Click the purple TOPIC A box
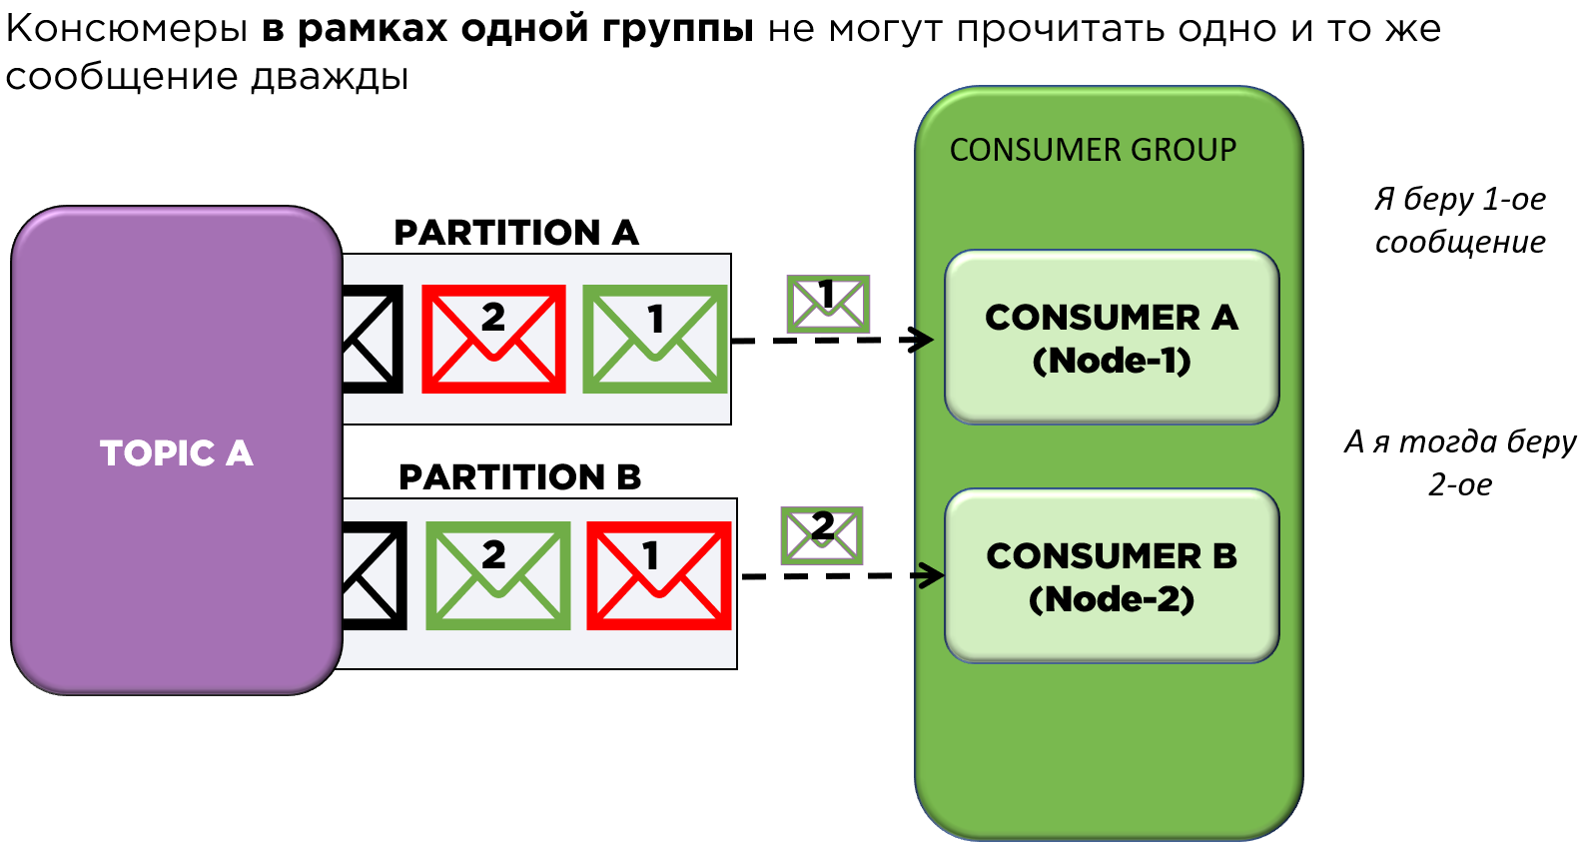176,451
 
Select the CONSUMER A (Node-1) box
1111,338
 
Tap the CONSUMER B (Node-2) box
1111,576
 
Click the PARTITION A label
515,233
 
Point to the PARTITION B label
519,477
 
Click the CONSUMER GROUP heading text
1093,150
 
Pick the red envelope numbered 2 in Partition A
493,339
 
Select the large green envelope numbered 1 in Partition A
654,339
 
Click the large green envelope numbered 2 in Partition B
497,575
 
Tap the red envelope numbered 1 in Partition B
658,575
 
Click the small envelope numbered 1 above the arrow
828,304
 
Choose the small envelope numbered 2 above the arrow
821,534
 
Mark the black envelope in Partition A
372,339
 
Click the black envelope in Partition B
374,575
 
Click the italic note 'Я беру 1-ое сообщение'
1459,220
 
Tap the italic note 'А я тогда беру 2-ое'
1459,462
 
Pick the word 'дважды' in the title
330,76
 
